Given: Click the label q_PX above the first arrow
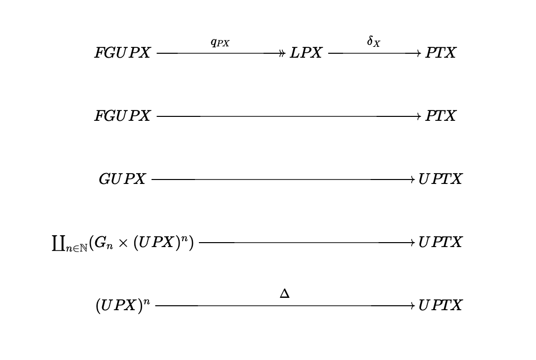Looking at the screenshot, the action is tap(220, 43).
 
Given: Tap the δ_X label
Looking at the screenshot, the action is tap(374, 41).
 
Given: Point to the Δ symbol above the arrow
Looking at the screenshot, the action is tap(284, 293).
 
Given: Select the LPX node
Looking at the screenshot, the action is tap(306, 53).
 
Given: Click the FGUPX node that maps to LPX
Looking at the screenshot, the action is tap(122, 53).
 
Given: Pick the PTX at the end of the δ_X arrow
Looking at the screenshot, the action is tap(440, 53).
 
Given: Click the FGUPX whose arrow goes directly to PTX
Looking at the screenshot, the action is tap(122, 116).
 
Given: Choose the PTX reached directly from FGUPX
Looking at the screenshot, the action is tap(440, 116).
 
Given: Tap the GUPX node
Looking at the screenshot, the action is tap(122, 180).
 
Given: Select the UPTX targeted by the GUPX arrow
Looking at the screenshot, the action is tap(440, 180).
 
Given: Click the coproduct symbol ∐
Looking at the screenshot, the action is tap(58, 243).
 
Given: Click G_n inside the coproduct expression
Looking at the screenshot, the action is tap(103, 243).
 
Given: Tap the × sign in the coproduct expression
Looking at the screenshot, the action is tap(123, 243).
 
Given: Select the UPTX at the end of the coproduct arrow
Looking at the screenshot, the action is tap(440, 243).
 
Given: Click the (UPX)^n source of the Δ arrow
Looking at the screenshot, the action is tap(123, 305).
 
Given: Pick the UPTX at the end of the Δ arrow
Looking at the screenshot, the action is tap(440, 305).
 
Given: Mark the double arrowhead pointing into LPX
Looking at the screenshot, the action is tap(281, 53).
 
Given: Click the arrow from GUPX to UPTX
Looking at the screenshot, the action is tap(283, 180).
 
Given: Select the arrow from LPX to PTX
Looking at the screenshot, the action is tap(375, 53).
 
